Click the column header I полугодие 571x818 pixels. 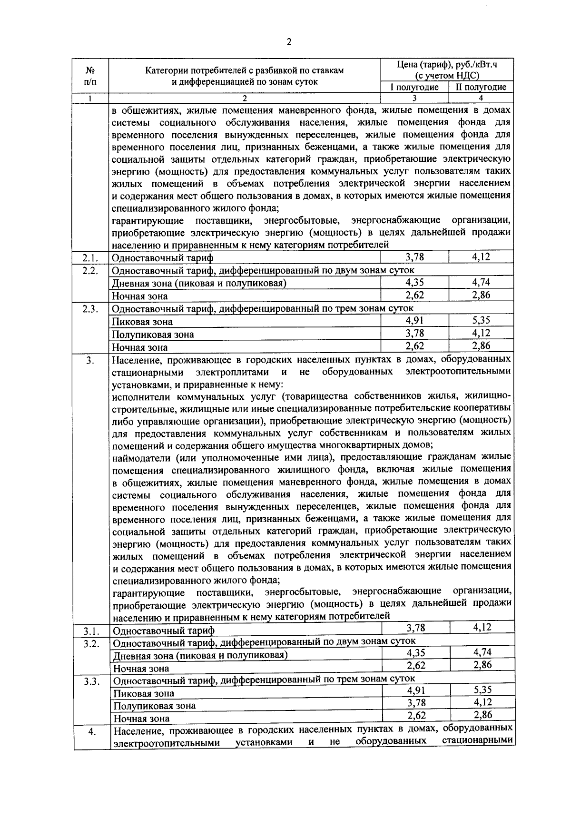pos(414,87)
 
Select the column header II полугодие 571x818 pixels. pos(481,87)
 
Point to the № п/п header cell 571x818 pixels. pos(90,76)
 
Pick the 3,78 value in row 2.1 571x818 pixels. pos(414,257)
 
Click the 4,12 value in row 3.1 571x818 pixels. pos(482,627)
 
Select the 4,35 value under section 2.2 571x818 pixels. pos(414,282)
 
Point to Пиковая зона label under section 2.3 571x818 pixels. pos(142,322)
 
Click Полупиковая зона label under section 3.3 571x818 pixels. pos(154,706)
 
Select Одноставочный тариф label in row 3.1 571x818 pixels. pos(164,631)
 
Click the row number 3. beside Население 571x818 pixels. pos(90,361)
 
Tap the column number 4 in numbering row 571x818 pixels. pos(481,98)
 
